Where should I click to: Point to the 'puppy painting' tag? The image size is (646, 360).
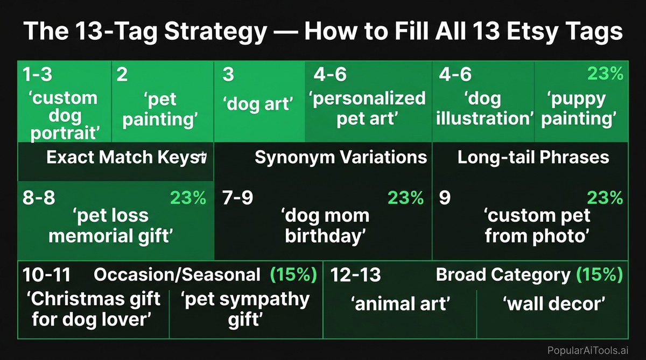click(x=580, y=109)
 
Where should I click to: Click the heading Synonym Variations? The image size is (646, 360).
click(x=341, y=157)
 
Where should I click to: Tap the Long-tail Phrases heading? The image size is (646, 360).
click(x=533, y=157)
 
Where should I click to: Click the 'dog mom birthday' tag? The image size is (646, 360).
click(x=325, y=225)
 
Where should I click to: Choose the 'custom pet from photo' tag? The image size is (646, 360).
click(x=537, y=225)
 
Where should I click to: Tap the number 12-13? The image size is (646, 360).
click(x=355, y=275)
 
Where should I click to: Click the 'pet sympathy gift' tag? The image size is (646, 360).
click(x=245, y=309)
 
